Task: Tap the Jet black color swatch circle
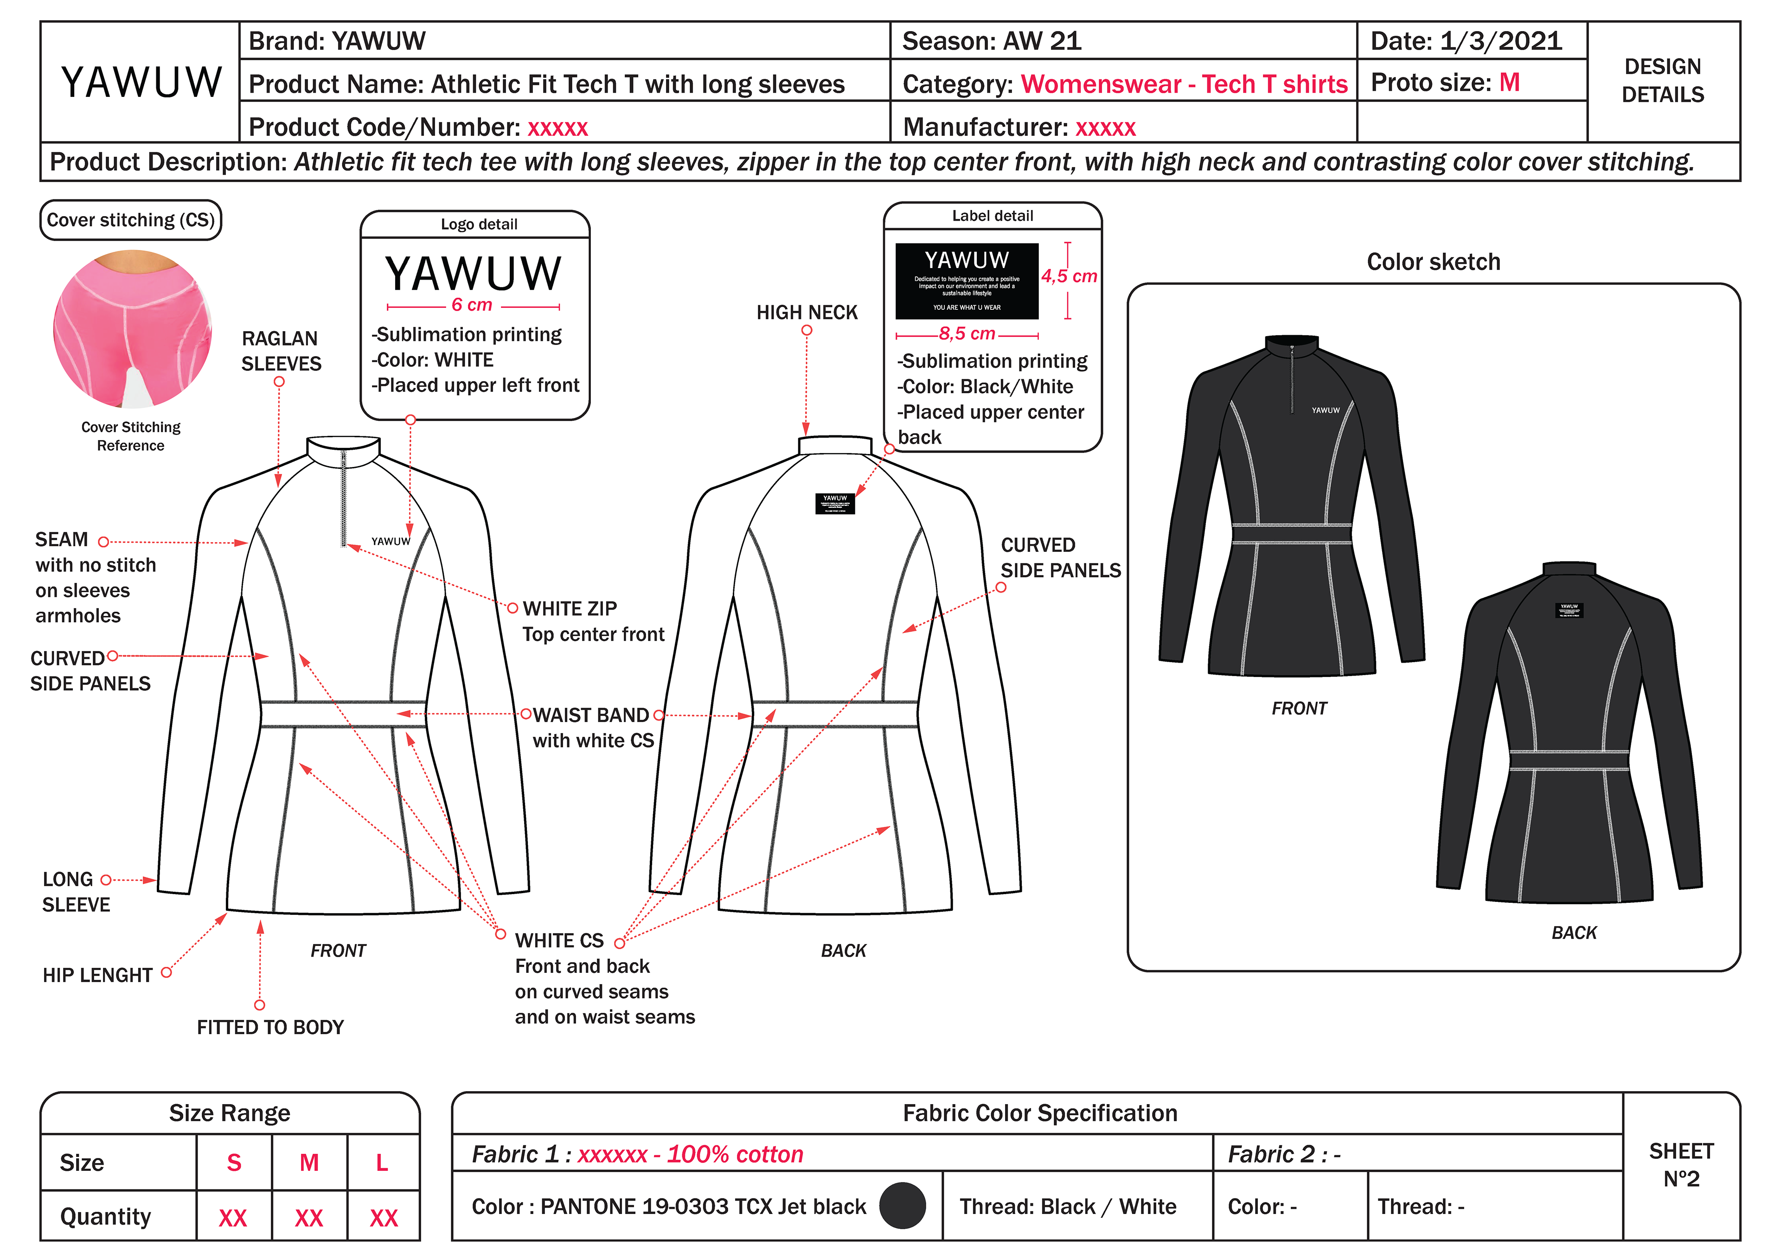(x=902, y=1206)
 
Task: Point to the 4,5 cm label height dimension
(x=1069, y=276)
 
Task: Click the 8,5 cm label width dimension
(x=967, y=334)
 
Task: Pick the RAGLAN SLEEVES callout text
(x=281, y=351)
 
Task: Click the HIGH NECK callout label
(x=807, y=313)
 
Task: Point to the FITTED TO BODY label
(x=270, y=1027)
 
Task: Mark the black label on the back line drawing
(x=835, y=504)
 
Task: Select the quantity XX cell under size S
(x=233, y=1217)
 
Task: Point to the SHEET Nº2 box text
(x=1681, y=1165)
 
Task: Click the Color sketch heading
(x=1433, y=262)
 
